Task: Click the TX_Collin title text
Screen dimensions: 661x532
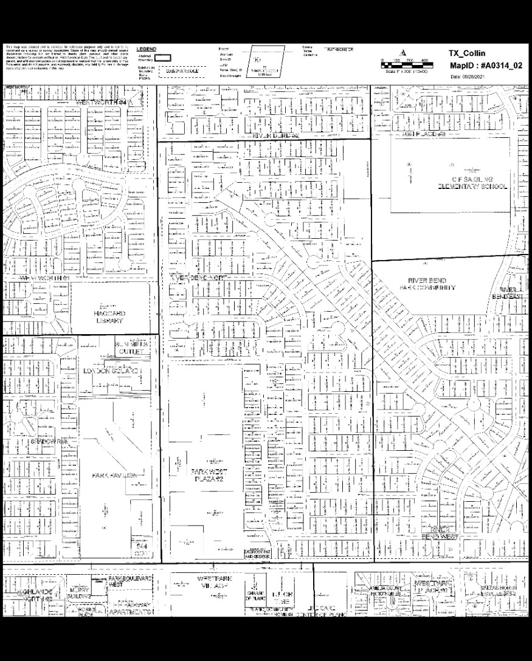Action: (x=466, y=53)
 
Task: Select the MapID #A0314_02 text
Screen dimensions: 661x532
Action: (x=485, y=65)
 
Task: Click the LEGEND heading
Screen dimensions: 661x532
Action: (x=147, y=49)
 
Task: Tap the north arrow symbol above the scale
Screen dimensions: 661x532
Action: (x=402, y=52)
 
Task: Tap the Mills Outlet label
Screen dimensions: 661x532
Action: (x=131, y=348)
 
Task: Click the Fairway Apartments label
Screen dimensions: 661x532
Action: (x=130, y=608)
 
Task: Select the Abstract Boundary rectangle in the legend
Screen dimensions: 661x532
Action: (x=162, y=58)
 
